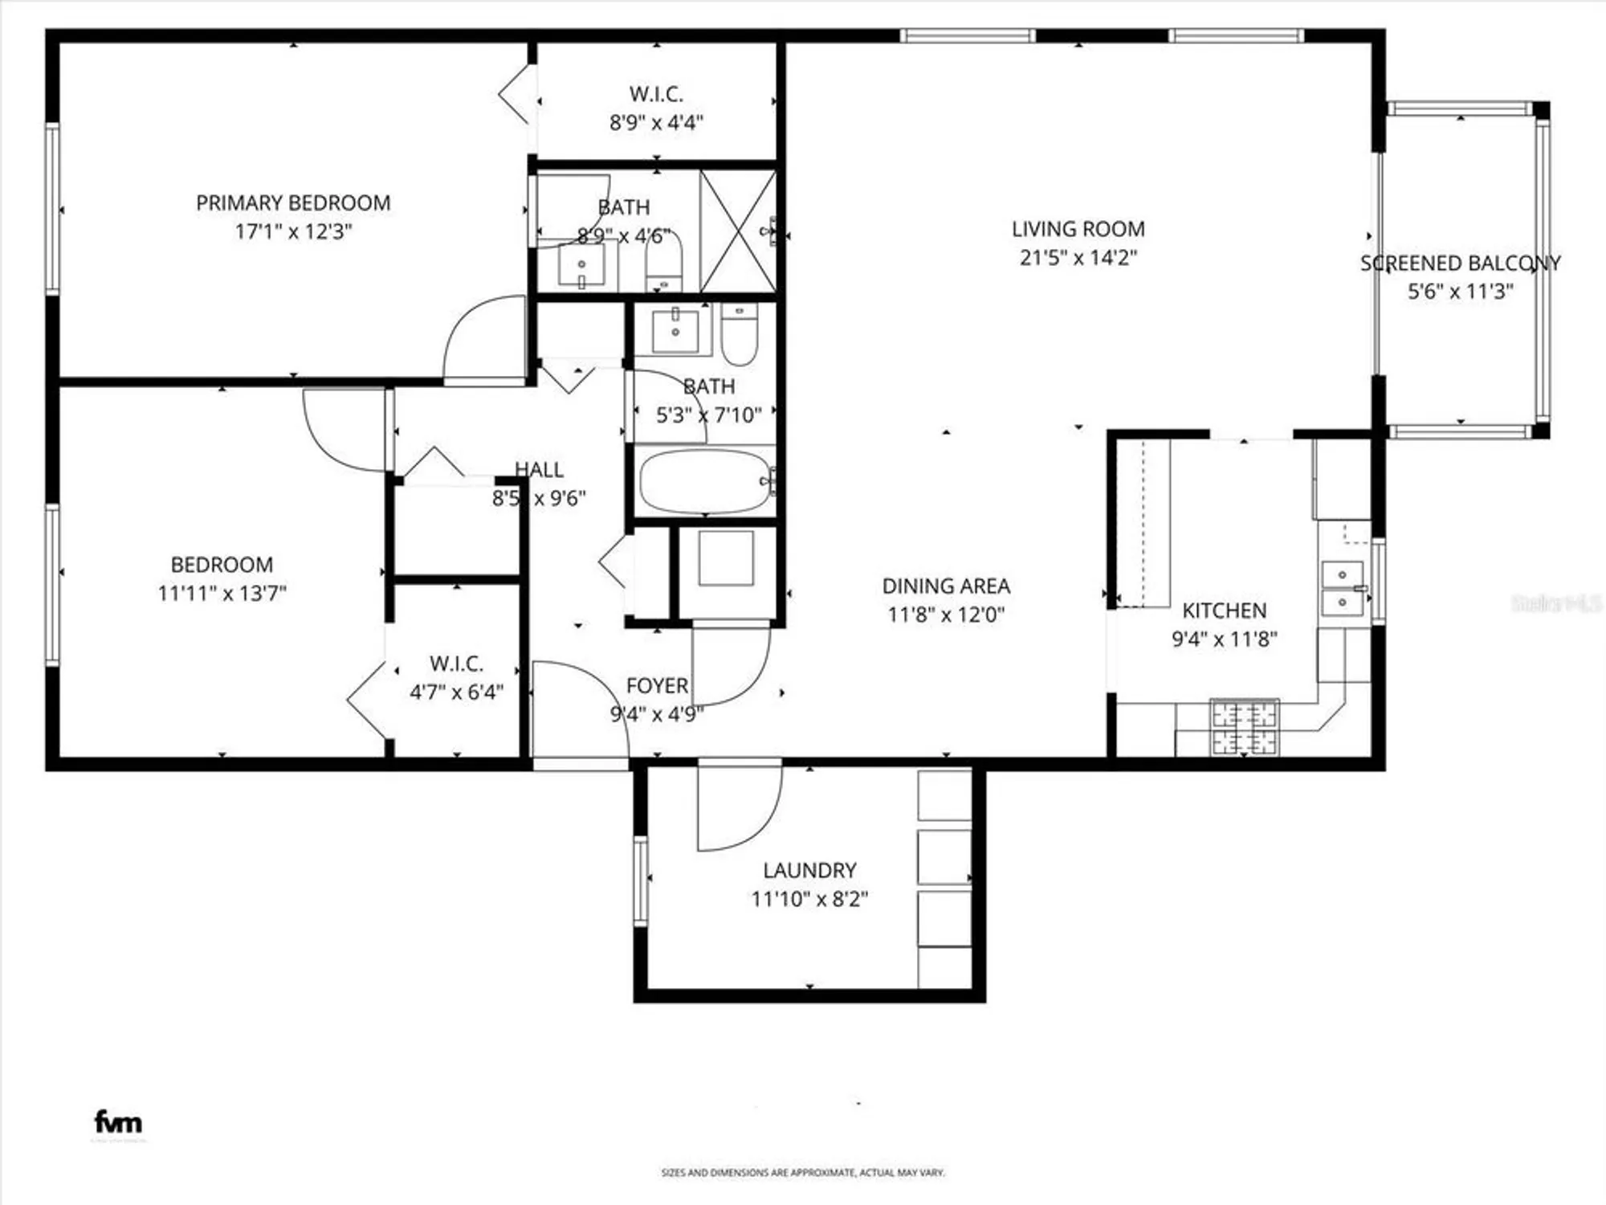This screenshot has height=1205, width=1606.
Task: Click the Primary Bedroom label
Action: pos(293,203)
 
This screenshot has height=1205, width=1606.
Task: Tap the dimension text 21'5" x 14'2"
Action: pos(1078,258)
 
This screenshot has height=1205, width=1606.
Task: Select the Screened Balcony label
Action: pos(1459,263)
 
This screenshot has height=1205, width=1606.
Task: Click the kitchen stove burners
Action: pos(1244,728)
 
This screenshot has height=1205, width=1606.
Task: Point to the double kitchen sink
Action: pos(1342,589)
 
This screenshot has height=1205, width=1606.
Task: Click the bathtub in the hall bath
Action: pos(704,481)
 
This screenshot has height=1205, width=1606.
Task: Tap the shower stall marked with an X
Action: pos(738,231)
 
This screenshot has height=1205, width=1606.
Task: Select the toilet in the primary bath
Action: pos(663,263)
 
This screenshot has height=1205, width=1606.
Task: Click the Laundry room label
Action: pos(809,870)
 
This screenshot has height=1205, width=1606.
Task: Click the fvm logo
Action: pos(118,1122)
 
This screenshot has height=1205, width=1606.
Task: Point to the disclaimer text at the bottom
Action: pos(802,1173)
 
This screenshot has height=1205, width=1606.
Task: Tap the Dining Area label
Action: pos(946,586)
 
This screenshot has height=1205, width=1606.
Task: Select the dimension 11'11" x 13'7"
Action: pos(222,594)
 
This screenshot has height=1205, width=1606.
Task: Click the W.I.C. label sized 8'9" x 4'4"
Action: pos(656,94)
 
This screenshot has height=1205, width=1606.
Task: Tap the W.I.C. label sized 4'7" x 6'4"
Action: pos(456,664)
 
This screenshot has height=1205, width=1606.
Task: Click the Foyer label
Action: pos(657,686)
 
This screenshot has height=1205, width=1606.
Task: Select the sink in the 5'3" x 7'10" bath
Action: pos(675,329)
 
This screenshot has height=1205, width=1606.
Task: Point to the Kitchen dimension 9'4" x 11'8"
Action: pos(1224,639)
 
